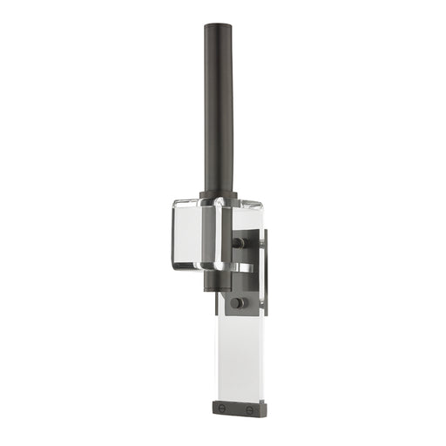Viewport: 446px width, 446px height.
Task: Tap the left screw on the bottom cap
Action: point(221,409)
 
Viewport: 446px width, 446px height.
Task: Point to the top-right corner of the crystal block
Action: point(262,206)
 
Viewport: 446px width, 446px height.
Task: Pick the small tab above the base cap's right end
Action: point(258,396)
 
